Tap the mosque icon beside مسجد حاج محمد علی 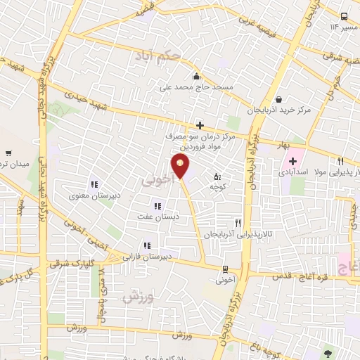(196, 77)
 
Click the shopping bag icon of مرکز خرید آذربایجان (280, 100)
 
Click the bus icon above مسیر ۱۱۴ (344, 16)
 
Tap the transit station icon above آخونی (224, 269)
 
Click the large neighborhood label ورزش (138, 296)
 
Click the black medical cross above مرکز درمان (200, 125)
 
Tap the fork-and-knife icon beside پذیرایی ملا (341, 160)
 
